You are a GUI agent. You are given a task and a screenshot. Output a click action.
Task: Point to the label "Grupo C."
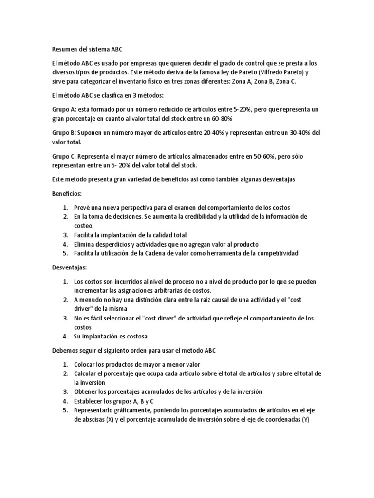tap(64, 156)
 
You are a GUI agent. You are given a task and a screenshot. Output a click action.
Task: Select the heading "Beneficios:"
tap(68, 193)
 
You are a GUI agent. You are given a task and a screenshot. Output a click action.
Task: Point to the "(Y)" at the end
tap(305, 420)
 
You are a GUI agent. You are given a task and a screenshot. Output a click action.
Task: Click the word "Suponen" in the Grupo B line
tap(90, 133)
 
